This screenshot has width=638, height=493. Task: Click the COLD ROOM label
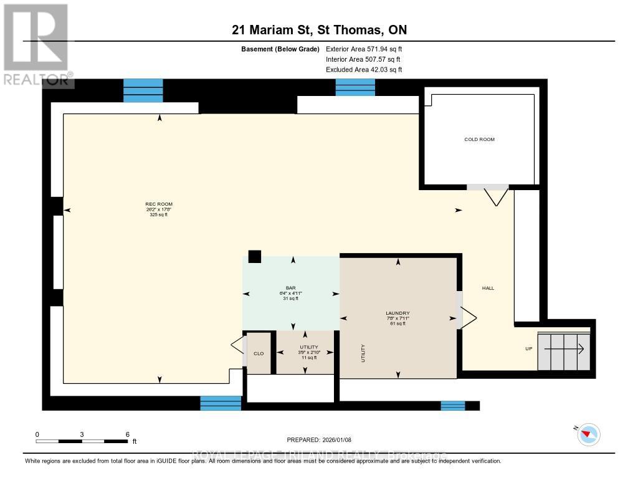[479, 140]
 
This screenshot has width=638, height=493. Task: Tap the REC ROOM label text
[159, 204]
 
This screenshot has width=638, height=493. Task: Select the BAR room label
[290, 288]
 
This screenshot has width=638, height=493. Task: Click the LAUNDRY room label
[398, 313]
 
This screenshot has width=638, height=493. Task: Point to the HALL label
[488, 288]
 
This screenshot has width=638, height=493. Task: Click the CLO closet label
[259, 353]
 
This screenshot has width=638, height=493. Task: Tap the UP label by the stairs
[528, 348]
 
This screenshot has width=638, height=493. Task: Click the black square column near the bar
[254, 256]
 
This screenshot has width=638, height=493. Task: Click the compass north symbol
[588, 434]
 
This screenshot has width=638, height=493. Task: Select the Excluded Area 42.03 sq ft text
[364, 70]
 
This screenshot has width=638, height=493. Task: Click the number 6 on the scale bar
[127, 434]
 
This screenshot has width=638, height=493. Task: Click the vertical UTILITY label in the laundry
[363, 353]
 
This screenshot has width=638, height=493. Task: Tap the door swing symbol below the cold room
[496, 195]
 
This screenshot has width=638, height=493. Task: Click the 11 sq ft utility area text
[309, 358]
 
